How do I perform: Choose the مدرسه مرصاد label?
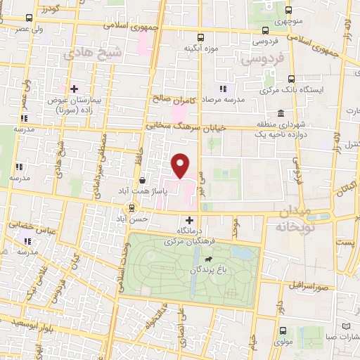coord(223,100)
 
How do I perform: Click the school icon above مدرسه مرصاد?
coord(224,89)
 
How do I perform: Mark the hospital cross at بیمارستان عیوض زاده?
coord(73,89)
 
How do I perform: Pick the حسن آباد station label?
coord(134,219)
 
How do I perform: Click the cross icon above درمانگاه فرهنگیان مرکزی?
coord(188,221)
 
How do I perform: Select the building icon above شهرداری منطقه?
coord(281,113)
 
